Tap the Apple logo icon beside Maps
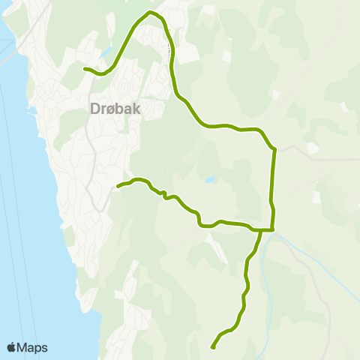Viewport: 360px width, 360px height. pyautogui.click(x=12, y=347)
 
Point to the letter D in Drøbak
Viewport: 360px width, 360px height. pyautogui.click(x=94, y=109)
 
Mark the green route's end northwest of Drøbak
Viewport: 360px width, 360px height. pyautogui.click(x=85, y=69)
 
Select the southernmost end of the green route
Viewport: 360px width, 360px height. pyautogui.click(x=213, y=347)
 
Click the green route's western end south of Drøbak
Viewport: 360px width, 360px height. pyautogui.click(x=118, y=185)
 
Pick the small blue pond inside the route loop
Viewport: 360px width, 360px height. pyautogui.click(x=208, y=180)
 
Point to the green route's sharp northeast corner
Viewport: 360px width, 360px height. pyautogui.click(x=274, y=149)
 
